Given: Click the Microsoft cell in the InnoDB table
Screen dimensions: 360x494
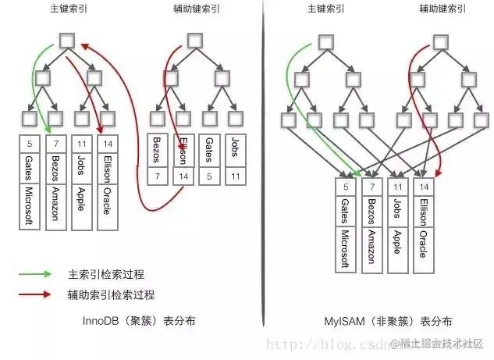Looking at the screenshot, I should tap(28, 207).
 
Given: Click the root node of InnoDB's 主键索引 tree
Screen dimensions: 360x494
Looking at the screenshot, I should tap(66, 41).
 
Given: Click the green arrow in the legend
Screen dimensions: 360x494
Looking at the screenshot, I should tap(37, 274).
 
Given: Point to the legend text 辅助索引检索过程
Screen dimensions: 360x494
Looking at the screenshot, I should tap(105, 294).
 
